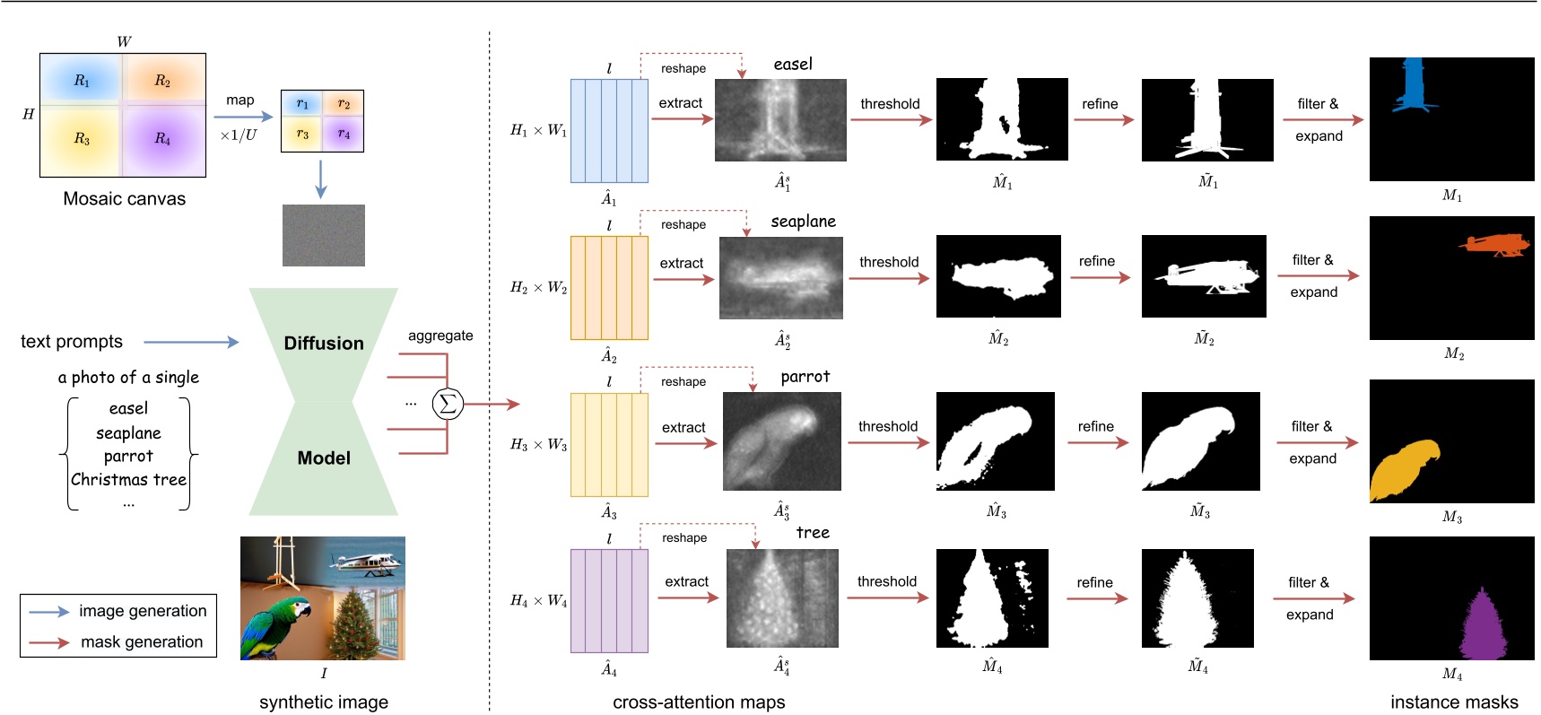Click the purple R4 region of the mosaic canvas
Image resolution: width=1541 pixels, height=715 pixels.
tap(163, 139)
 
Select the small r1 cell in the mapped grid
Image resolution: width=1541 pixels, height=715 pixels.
tap(302, 104)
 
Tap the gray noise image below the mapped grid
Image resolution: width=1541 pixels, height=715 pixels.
tap(323, 235)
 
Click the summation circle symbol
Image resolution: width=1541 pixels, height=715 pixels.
tap(448, 404)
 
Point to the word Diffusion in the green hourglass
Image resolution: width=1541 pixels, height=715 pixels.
tap(323, 344)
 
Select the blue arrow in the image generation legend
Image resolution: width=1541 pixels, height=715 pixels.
tap(48, 612)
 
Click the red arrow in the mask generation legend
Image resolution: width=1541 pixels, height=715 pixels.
tap(48, 642)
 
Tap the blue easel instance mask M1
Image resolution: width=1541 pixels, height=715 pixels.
tap(1414, 86)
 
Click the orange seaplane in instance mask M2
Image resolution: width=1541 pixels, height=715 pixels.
tap(1493, 245)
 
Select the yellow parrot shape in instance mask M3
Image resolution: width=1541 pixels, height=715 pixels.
tap(1403, 466)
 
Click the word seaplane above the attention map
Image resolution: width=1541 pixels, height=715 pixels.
tap(803, 222)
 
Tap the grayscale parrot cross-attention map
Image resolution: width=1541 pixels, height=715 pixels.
tap(781, 441)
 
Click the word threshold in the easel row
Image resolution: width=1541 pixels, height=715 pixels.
tap(890, 104)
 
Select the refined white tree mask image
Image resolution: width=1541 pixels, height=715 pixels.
tap(1197, 597)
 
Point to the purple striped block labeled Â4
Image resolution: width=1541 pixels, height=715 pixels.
tap(609, 601)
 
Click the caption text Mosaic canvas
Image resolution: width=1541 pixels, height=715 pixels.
tap(124, 199)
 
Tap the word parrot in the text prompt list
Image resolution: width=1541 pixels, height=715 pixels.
tap(128, 456)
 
